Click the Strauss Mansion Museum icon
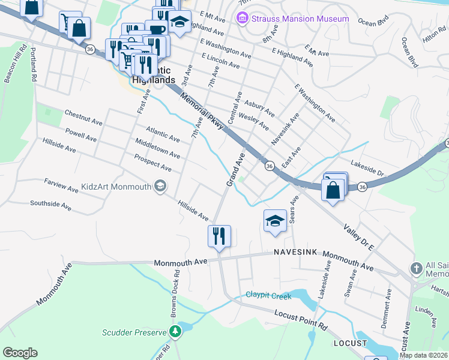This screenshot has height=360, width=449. [x=243, y=19]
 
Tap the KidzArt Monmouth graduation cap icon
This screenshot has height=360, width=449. [x=160, y=187]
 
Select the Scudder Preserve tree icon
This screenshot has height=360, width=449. [x=175, y=331]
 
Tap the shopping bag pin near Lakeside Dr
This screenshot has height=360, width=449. [x=333, y=190]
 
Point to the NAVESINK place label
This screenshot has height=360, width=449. [x=295, y=253]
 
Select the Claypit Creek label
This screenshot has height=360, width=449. [x=268, y=296]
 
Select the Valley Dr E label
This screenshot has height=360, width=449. [x=358, y=237]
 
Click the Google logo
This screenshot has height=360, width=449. [x=20, y=353]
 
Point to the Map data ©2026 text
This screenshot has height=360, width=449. [x=423, y=355]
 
